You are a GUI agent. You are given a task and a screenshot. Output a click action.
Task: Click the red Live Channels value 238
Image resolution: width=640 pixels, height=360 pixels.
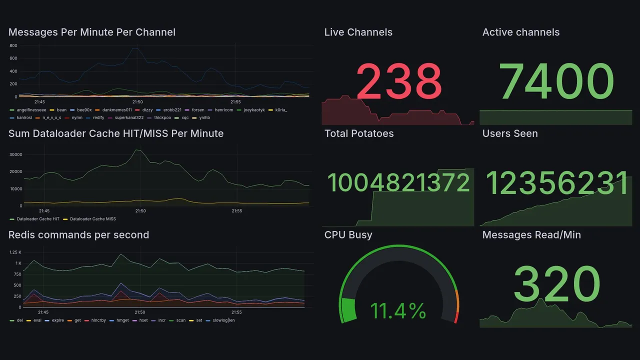[x=399, y=81]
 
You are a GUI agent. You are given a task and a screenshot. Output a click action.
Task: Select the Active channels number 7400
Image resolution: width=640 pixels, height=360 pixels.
[x=556, y=81]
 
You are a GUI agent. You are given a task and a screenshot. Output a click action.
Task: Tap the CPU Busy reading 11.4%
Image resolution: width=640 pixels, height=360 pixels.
[x=398, y=311]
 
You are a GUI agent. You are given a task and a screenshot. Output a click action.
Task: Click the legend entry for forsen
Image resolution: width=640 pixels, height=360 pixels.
[x=198, y=109]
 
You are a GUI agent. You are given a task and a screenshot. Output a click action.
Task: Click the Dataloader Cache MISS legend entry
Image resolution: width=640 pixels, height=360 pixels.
[x=93, y=219]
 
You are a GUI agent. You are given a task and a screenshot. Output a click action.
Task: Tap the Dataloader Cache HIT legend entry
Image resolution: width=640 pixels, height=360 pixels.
[x=38, y=219]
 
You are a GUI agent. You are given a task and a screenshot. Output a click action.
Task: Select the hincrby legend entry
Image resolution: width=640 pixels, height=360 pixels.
[x=98, y=320]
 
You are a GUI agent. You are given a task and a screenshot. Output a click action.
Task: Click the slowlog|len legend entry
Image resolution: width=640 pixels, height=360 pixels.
[x=223, y=320]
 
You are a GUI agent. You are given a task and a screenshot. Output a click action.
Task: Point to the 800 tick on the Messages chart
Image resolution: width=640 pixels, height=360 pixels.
[x=13, y=45]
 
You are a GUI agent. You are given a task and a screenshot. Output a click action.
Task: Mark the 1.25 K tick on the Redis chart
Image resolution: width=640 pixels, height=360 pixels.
[x=15, y=252]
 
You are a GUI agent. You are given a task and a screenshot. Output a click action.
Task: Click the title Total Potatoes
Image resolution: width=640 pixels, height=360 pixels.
[x=359, y=133]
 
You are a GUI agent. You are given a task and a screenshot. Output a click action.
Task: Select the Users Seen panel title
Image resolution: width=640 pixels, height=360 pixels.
[x=510, y=133]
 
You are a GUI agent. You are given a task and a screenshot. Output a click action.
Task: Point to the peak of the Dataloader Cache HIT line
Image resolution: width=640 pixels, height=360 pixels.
[x=138, y=150]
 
